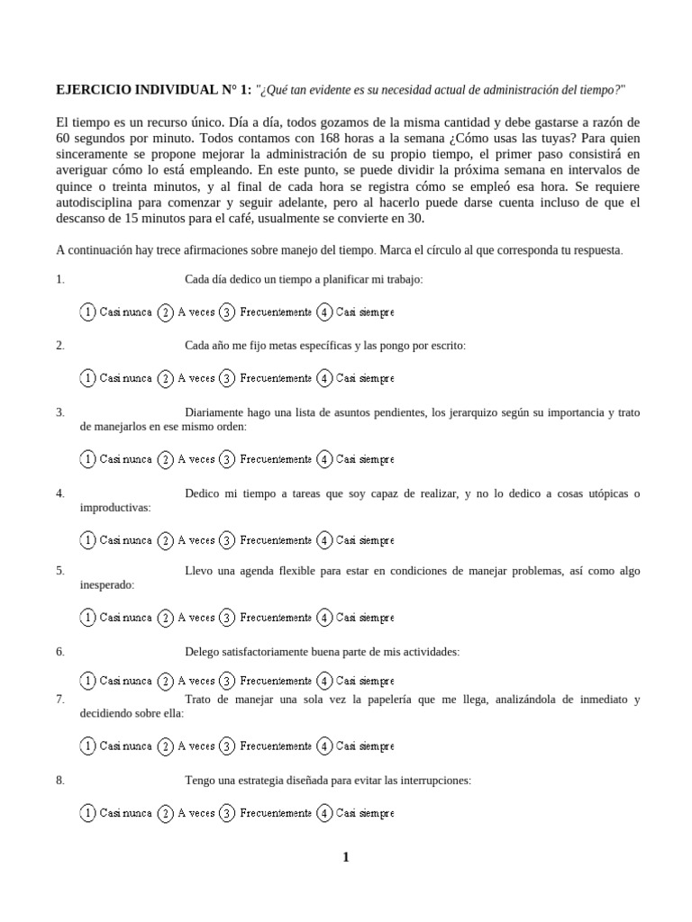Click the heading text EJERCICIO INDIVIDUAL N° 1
(153, 90)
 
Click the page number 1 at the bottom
(345, 857)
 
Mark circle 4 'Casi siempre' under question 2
(324, 378)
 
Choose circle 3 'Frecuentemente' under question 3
(227, 459)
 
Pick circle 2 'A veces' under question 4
(166, 540)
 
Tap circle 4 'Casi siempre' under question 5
(324, 618)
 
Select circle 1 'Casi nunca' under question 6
(87, 681)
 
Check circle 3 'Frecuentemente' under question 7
(227, 746)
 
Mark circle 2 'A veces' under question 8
(166, 813)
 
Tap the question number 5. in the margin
(59, 570)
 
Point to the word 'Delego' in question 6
(203, 651)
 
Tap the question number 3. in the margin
(59, 412)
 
